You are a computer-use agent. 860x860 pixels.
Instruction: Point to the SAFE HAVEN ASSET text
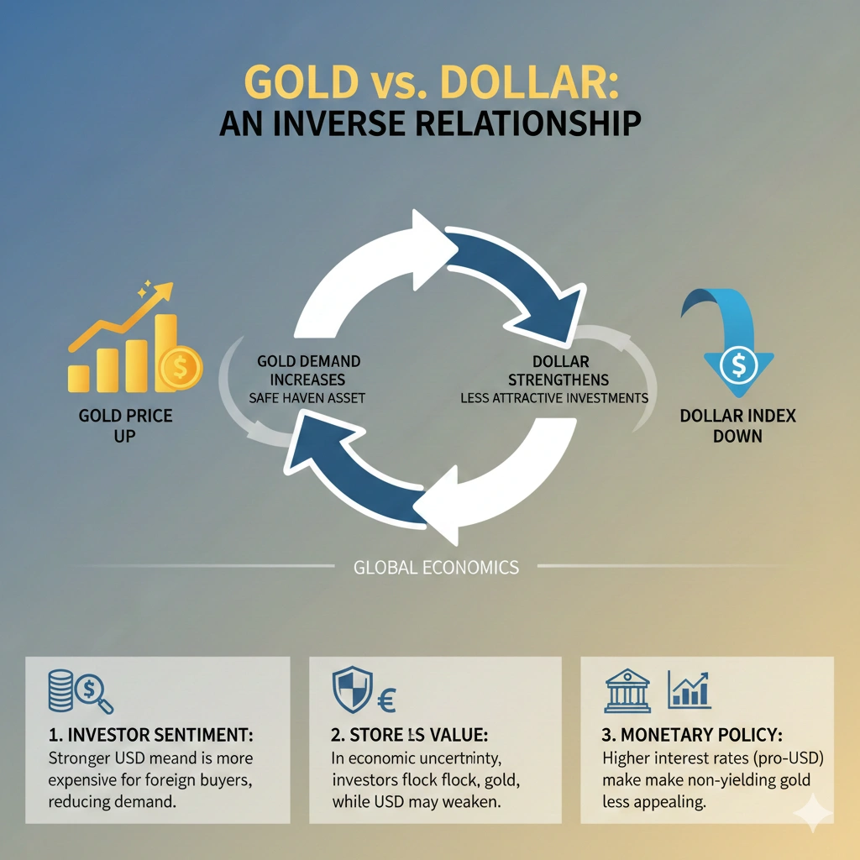tap(307, 398)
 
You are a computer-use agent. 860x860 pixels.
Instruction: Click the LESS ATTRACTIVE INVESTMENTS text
tap(554, 398)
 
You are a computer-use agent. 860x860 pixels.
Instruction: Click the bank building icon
tap(627, 690)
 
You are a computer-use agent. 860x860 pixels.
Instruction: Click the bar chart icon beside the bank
tap(689, 690)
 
